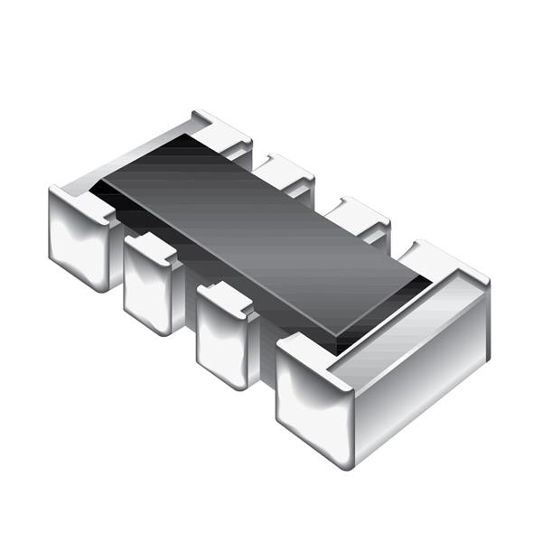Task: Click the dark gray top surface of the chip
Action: click(x=262, y=235)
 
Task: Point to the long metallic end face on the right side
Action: click(x=420, y=370)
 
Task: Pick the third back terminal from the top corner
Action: click(x=357, y=215)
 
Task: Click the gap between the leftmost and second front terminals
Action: click(x=117, y=257)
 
